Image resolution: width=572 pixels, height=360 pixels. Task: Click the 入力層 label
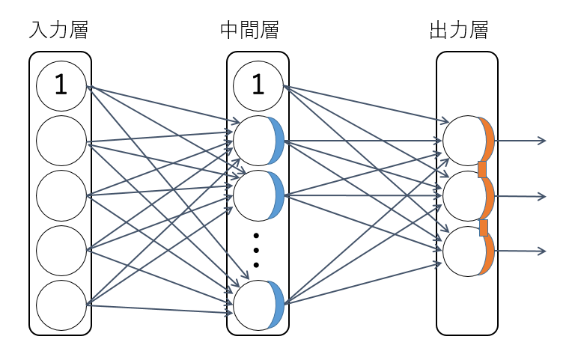click(x=60, y=31)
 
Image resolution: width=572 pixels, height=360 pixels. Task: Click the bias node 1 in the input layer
click(x=61, y=86)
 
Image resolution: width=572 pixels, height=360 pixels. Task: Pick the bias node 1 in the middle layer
click(x=258, y=86)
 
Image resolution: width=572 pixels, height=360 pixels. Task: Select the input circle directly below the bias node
click(x=61, y=141)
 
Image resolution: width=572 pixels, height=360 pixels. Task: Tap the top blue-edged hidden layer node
click(x=258, y=141)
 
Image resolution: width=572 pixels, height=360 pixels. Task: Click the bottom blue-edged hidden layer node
click(x=258, y=305)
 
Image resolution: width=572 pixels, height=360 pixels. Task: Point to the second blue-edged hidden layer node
click(x=258, y=195)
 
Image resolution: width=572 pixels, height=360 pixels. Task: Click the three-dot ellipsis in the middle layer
click(x=256, y=250)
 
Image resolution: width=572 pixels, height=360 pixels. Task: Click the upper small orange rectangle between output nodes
click(x=482, y=169)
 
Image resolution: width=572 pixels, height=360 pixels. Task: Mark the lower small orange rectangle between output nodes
click(x=484, y=228)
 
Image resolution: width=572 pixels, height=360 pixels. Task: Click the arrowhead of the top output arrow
click(x=543, y=140)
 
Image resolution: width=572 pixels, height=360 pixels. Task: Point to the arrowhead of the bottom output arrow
click(x=543, y=251)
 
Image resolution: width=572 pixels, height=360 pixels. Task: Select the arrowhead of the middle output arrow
click(x=543, y=196)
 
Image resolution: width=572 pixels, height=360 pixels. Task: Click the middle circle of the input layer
click(x=61, y=195)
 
